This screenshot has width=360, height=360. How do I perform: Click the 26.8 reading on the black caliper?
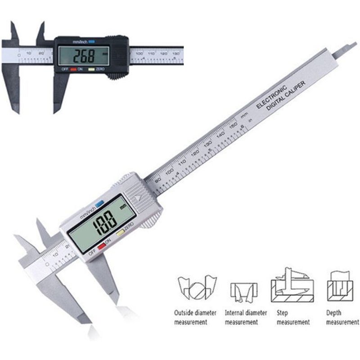(x=85, y=56)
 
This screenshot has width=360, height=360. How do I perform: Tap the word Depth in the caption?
(x=334, y=313)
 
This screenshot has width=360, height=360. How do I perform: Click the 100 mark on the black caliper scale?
(x=138, y=53)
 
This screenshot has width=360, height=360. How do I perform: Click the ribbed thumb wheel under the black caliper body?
(x=117, y=76)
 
